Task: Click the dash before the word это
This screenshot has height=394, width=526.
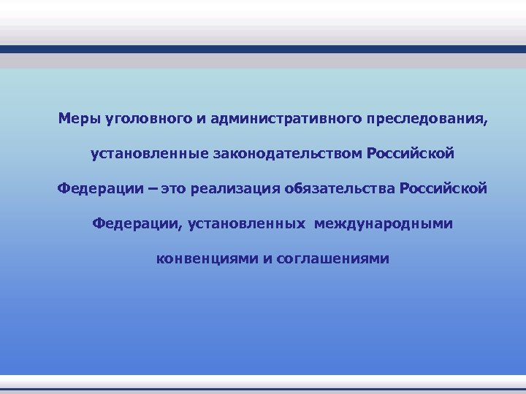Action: pyautogui.click(x=151, y=189)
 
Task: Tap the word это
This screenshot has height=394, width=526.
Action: pyautogui.click(x=174, y=189)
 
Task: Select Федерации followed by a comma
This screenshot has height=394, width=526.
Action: pyautogui.click(x=136, y=223)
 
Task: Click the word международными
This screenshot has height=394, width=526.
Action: pyautogui.click(x=384, y=223)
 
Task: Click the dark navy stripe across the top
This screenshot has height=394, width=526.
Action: pyautogui.click(x=263, y=50)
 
